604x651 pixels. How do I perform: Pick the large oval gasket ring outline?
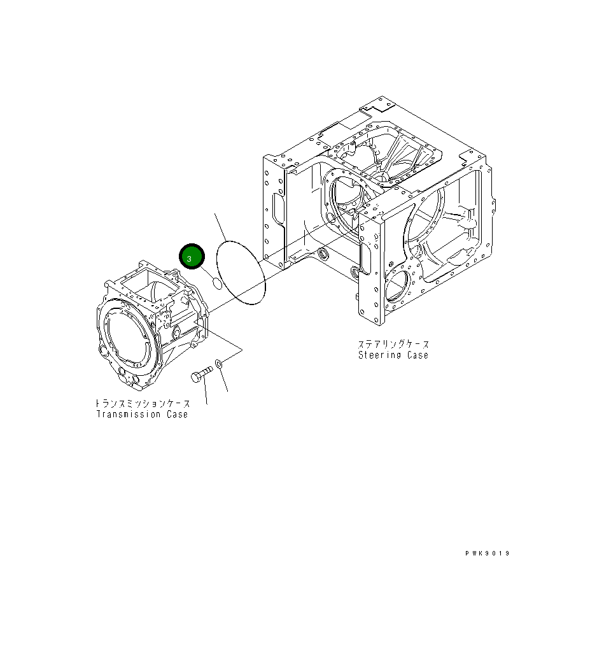tap(241, 273)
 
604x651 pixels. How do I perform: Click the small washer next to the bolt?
tap(219, 364)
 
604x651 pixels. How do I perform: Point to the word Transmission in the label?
tap(127, 415)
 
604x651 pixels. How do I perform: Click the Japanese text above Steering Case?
tap(393, 344)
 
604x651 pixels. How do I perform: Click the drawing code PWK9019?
tap(488, 554)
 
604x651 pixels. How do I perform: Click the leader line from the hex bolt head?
tap(206, 394)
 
